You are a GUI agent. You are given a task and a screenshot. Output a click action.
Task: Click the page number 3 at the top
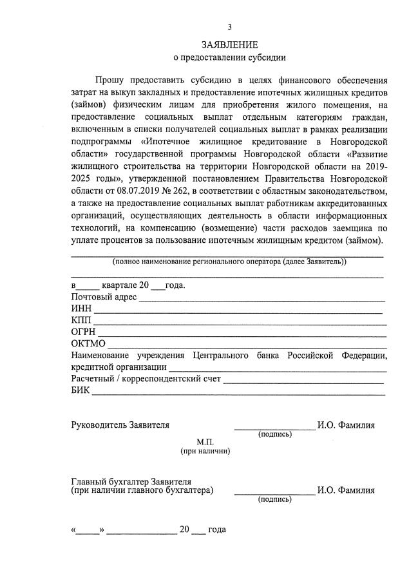coord(229,27)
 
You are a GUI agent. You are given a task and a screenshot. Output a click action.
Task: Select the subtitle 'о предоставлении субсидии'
coord(229,58)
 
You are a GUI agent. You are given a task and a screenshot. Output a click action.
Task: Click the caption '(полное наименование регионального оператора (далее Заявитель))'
coord(229,262)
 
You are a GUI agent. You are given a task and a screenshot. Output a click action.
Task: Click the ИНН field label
coord(81,309)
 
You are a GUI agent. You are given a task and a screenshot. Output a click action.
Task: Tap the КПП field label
coord(82,320)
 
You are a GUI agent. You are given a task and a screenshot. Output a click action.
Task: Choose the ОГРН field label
coord(84,332)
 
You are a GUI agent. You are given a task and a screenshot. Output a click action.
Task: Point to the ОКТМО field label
coord(88,343)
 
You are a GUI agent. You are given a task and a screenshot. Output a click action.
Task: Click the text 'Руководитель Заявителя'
coord(120,425)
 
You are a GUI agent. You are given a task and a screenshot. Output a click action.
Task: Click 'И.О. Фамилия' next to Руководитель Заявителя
coord(346,425)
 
